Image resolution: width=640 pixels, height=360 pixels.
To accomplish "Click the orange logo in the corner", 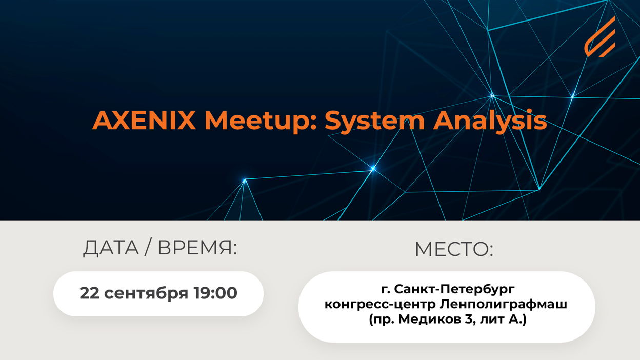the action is tap(599, 37).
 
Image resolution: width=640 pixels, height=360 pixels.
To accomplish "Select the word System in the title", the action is tap(374, 122).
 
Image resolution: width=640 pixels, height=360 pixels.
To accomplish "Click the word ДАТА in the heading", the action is tap(111, 248).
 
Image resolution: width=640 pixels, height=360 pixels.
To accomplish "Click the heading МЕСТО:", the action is tap(454, 249).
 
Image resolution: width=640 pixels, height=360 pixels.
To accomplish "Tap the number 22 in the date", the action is tap(89, 293).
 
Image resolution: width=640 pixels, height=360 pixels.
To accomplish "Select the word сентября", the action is tap(146, 294).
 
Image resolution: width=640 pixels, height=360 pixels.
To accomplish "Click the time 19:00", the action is tap(215, 293).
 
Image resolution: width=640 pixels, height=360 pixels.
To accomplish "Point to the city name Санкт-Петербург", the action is tap(454, 290).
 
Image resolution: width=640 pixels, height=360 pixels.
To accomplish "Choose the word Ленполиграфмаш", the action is tap(503, 305).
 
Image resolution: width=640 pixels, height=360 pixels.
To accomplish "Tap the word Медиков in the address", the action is tap(430, 319).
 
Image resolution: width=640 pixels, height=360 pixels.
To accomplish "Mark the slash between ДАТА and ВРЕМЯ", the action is tap(148, 248).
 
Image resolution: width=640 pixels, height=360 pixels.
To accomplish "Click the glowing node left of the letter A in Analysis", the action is tap(373, 169).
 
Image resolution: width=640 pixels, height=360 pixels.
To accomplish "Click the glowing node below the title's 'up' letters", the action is tap(245, 181).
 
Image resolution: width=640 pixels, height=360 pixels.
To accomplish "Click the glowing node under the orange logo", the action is tap(572, 96).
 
